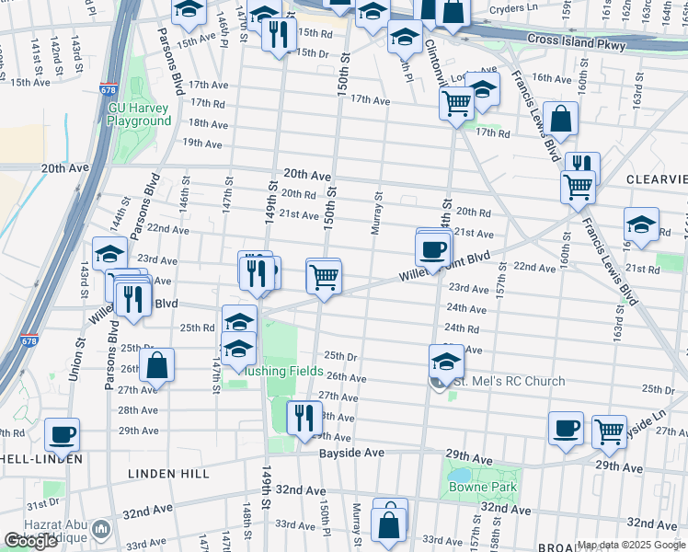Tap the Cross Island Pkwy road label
576,43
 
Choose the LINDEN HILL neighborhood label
168,474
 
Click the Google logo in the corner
30,541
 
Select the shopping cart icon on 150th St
324,276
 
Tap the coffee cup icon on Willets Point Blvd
432,248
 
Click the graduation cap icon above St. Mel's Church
446,361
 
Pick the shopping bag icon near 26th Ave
158,364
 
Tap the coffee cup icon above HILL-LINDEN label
62,434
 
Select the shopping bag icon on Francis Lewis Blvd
560,119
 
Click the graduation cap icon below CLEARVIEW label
641,224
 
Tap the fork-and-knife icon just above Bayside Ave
304,417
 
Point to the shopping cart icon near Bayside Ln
609,429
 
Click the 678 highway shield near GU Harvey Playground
109,90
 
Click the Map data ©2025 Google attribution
629,545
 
